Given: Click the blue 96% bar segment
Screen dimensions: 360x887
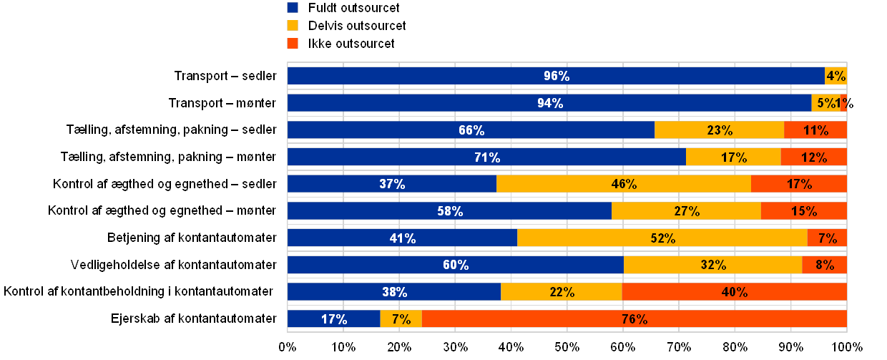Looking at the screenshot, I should pos(556,76).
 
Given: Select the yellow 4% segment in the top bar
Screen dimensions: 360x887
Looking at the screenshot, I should pos(835,76).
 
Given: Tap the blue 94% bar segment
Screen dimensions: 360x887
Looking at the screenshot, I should pos(549,103).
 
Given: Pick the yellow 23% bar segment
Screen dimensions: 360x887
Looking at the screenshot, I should pos(719,130).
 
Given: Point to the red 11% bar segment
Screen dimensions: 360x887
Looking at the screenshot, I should pos(815,130).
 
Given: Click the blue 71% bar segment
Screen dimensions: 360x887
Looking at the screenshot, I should pos(486,157).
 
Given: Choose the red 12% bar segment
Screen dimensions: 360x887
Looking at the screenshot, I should pos(813,157).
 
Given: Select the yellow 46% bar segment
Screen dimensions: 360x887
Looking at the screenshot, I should pos(624,184).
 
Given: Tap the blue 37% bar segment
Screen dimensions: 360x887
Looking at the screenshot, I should pos(392,184).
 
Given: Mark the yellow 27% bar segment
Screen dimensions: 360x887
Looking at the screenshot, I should pos(686,211).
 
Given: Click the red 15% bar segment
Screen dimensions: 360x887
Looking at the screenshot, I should pos(804,211).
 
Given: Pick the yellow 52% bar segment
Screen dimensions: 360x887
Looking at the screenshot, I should pos(662,238).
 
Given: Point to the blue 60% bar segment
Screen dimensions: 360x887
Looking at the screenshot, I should pos(456,265).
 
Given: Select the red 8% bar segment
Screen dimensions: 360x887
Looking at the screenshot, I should pos(824,265).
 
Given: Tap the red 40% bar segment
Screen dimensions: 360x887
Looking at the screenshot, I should pos(734,292).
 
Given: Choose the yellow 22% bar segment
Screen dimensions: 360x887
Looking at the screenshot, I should pos(562,292).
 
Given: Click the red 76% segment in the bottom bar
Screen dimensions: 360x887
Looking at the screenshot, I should pos(634,319).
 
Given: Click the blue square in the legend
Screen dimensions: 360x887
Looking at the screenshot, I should pos(293,8).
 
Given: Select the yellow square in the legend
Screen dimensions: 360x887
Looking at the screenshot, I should pos(293,26).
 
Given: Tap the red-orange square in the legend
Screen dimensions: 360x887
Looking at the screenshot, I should pos(293,44).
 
